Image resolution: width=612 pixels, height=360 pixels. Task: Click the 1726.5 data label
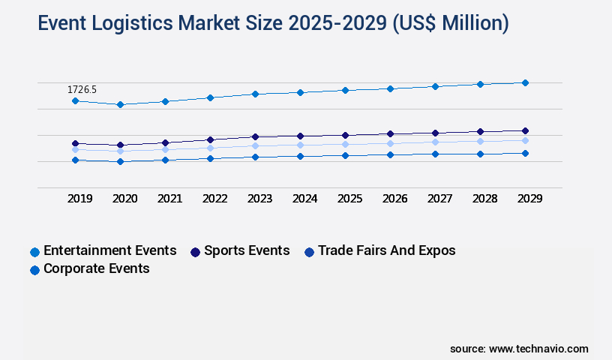(x=82, y=89)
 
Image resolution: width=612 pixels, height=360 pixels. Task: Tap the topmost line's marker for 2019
(x=75, y=100)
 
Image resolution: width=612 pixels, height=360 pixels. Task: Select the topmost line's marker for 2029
(x=525, y=82)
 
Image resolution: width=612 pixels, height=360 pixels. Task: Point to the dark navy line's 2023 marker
(x=255, y=136)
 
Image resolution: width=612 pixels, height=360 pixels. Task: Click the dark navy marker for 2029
(x=525, y=130)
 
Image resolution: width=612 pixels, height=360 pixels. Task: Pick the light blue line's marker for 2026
(x=390, y=143)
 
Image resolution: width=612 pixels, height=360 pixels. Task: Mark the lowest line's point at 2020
(x=120, y=161)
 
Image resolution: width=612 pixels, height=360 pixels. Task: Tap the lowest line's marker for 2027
(x=435, y=154)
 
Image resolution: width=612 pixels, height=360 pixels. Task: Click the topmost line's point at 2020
(x=120, y=104)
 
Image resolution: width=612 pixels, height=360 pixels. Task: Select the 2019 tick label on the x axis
(x=79, y=199)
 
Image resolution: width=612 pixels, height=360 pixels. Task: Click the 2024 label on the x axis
(x=304, y=199)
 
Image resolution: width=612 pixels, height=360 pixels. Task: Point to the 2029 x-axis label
(x=529, y=199)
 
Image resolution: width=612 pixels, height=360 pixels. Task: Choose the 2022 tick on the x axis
(x=214, y=199)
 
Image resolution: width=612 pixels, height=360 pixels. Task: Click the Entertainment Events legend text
(x=110, y=250)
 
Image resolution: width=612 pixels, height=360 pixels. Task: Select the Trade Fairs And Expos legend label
(x=386, y=250)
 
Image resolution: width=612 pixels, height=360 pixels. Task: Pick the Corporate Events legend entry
(x=97, y=268)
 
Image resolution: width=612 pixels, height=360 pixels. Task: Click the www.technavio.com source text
(x=538, y=349)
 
